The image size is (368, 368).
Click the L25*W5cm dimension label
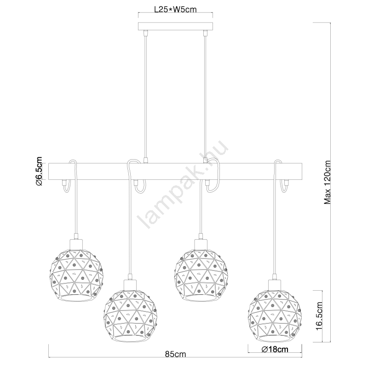coord(175,9)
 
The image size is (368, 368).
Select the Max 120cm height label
coord(327,182)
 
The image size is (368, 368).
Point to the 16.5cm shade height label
coord(319,316)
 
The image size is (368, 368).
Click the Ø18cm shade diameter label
coord(275,350)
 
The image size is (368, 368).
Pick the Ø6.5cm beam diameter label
coord(39,171)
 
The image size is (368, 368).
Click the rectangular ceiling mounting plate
coord(175,26)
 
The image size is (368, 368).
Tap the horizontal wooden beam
coord(175,171)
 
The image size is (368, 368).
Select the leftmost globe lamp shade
coord(76,275)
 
